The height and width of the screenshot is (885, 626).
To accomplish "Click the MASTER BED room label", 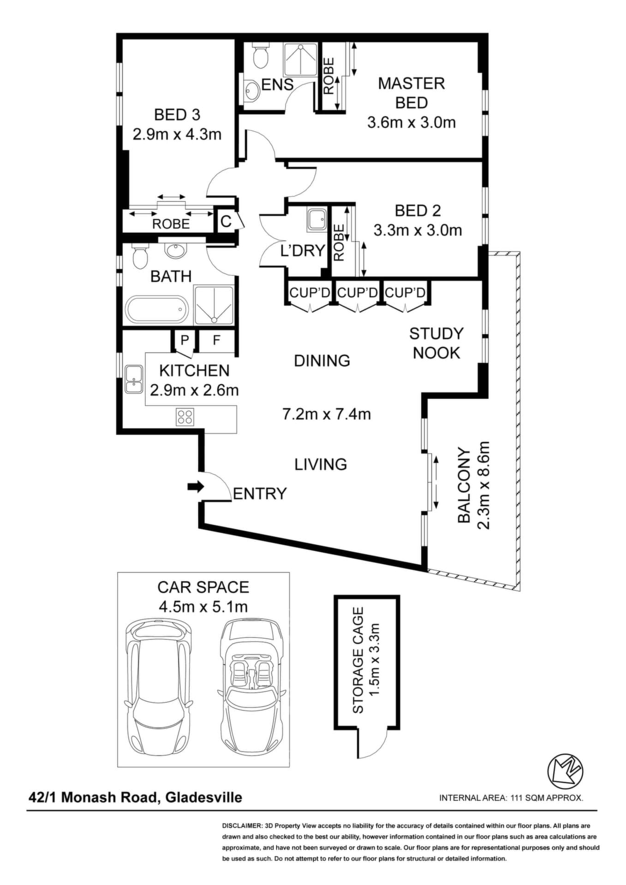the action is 411,93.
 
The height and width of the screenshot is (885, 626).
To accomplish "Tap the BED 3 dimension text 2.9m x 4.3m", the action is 177,134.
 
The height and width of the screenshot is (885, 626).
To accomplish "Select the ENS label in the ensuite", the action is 277,84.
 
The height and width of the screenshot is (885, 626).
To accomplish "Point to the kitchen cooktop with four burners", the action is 185,417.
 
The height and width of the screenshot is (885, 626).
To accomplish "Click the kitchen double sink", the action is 134,379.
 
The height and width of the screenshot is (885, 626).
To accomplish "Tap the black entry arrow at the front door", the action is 196,486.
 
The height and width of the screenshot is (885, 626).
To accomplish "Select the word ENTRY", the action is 260,494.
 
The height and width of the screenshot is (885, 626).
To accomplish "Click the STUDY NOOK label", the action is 436,343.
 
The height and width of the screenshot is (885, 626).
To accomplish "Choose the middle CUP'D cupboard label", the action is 358,292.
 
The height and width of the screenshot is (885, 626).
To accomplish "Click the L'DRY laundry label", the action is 303,251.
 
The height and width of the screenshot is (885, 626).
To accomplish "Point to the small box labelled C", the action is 226,221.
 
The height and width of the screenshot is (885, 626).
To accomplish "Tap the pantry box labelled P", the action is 185,341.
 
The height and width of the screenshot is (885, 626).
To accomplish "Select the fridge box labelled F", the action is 216,341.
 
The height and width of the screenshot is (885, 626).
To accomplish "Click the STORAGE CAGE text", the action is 358,660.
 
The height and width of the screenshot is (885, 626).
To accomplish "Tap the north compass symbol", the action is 565,771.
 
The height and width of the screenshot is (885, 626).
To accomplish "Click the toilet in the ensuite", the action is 261,56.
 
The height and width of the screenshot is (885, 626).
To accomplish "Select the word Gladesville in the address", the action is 204,797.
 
